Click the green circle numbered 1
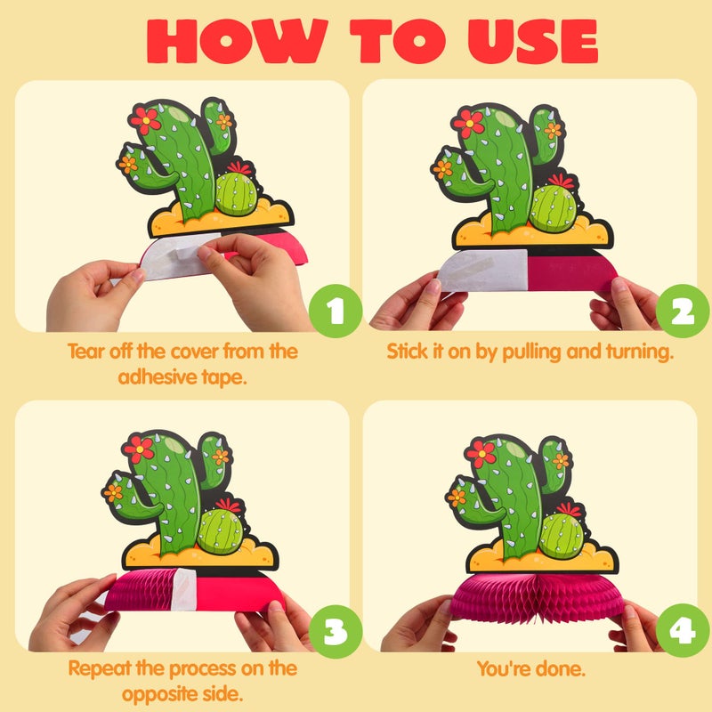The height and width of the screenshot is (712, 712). [336, 311]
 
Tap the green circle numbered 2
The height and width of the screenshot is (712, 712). [683, 311]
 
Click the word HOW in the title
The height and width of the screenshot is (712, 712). [237, 41]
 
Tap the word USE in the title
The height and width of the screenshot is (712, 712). [533, 41]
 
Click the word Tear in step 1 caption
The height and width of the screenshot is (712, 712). [85, 352]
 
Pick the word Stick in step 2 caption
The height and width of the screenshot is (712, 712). [407, 352]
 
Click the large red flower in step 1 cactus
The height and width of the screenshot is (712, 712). [145, 120]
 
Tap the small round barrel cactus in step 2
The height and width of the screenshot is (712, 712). [554, 208]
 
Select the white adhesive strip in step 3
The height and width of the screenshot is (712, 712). [183, 589]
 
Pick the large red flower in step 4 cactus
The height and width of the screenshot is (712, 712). [481, 453]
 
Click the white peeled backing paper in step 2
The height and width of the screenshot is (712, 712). [483, 271]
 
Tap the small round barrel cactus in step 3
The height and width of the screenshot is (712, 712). [221, 531]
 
